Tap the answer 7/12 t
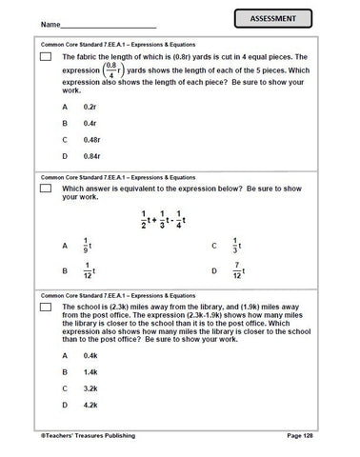(240, 270)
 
